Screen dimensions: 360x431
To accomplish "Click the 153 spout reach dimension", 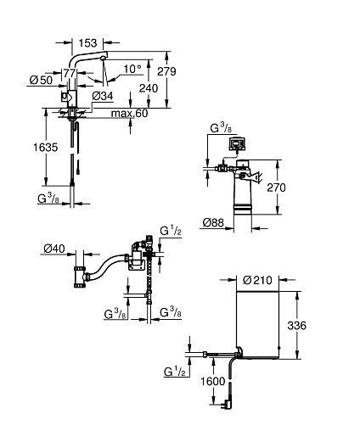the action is [87, 43].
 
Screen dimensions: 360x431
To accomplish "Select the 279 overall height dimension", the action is [166, 71].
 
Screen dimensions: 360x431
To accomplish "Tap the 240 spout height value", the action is [149, 88].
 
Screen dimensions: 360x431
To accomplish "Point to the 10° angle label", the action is [132, 69].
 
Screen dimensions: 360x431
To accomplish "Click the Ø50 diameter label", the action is [42, 80].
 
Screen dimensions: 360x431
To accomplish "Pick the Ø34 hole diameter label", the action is [103, 96].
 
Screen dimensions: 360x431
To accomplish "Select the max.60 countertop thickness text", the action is [129, 114].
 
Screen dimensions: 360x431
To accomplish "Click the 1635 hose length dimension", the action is [46, 148].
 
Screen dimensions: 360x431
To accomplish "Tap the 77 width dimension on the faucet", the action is [70, 73].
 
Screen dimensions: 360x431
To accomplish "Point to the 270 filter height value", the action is [276, 188].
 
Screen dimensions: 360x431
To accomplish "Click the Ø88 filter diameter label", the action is [213, 223].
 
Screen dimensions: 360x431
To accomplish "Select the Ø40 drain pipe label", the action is [54, 249].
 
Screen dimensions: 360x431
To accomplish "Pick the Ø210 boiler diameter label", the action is [257, 280].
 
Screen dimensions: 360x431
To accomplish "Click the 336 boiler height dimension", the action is [296, 326].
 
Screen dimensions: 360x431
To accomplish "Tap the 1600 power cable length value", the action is [213, 382].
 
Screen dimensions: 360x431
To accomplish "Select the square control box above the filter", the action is [237, 143].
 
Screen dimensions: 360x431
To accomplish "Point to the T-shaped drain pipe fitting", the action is [81, 277].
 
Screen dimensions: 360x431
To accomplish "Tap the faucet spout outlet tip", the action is [103, 59].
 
